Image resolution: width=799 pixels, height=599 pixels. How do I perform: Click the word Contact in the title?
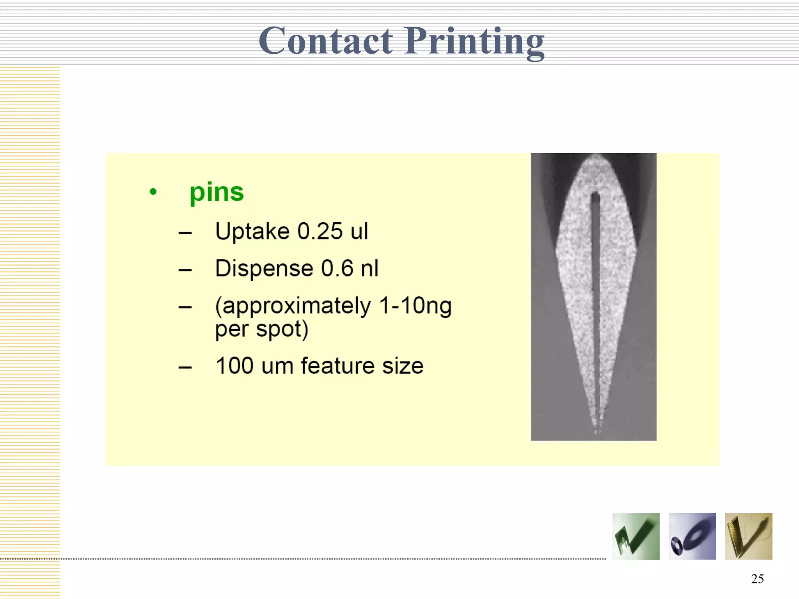pos(326,41)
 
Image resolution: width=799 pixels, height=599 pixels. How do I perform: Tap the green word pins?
pos(217,193)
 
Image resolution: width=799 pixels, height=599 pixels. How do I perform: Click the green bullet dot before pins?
pos(153,191)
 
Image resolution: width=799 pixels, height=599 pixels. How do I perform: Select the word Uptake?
pos(252,231)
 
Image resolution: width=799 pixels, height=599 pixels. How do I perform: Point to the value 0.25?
pos(320,231)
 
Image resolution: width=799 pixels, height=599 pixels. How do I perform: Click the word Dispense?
pos(264,268)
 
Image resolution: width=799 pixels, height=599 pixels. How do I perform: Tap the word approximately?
pos(293,306)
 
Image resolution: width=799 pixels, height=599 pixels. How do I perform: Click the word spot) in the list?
pos(282,329)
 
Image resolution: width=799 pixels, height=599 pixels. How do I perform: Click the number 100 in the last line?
pos(234,366)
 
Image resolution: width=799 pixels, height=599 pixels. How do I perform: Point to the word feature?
pos(337,366)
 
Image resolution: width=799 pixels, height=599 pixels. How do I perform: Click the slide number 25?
pos(757,579)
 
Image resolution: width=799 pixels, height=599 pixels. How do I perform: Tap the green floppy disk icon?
pos(636,536)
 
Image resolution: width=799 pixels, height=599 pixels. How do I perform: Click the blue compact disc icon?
pos(692,536)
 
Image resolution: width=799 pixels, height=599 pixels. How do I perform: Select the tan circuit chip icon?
pos(748,536)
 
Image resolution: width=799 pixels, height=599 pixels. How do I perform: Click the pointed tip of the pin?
pos(597,431)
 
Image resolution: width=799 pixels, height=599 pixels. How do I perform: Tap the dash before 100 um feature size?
pos(185,367)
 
